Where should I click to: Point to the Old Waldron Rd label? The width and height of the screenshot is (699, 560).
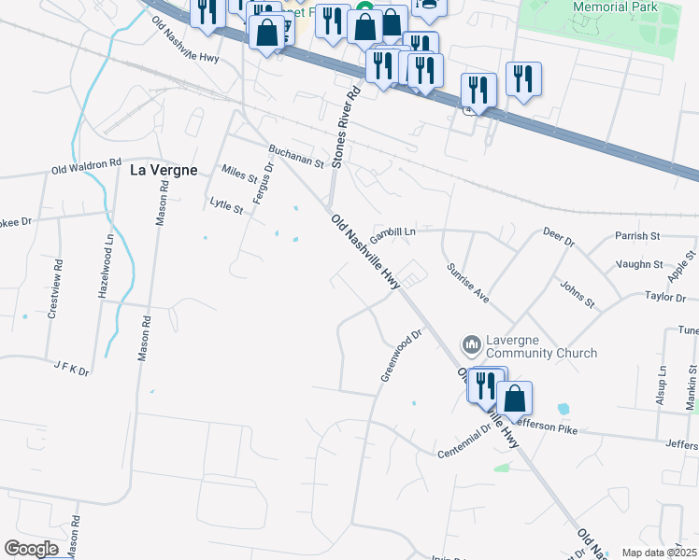coord(87,169)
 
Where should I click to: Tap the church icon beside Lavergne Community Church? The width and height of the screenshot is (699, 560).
coord(472,346)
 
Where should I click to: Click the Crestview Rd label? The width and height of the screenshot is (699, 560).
coord(54,285)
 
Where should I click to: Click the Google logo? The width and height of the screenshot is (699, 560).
coord(31,548)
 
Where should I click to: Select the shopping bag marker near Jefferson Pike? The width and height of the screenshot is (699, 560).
coord(514,399)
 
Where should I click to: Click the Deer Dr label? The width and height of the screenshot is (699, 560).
coord(558,239)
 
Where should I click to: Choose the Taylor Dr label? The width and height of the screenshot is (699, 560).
coord(665,297)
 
